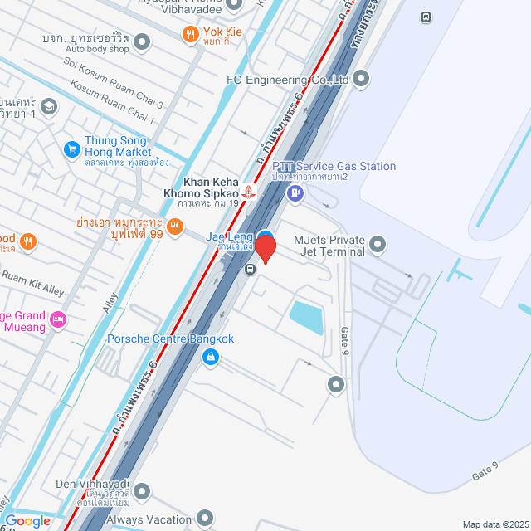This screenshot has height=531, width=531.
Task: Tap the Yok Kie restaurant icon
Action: click(190, 34)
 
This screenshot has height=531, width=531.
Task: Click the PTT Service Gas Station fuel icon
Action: click(294, 194)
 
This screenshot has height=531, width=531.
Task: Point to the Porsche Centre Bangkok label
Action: click(170, 339)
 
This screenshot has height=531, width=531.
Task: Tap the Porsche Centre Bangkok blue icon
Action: click(211, 357)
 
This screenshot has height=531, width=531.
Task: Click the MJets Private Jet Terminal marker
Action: click(378, 245)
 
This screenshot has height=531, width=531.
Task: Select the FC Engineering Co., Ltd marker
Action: click(361, 80)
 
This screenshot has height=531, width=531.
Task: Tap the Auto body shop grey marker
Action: click(142, 41)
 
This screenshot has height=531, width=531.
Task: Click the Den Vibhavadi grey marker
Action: click(142, 490)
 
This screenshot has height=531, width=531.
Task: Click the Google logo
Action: click(27, 520)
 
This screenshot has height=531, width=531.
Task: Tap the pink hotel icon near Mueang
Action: click(58, 319)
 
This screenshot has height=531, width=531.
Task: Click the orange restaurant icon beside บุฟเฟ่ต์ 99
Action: click(175, 227)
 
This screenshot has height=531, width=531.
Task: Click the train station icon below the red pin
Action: click(250, 269)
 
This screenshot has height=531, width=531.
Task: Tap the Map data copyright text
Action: click(494, 524)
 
